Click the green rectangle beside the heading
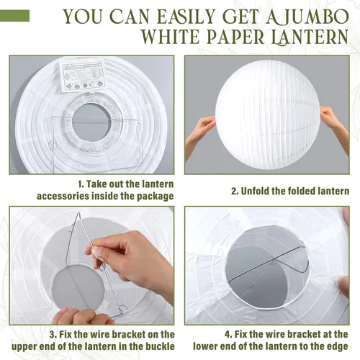click(14, 16)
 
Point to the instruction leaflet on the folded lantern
click(83, 76)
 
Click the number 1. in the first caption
click(81, 184)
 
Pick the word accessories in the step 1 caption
click(63, 196)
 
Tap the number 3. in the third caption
click(53, 334)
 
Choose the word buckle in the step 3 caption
click(159, 346)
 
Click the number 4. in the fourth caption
click(228, 334)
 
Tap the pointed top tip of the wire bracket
click(78, 212)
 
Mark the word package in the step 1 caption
click(156, 197)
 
